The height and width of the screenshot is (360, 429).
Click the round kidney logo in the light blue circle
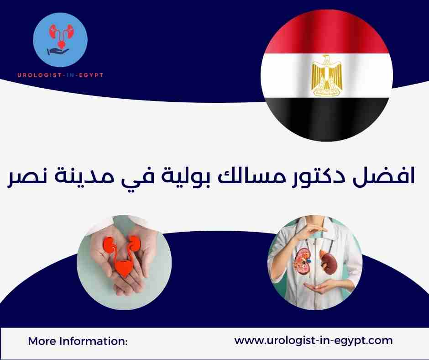click(x=61, y=41)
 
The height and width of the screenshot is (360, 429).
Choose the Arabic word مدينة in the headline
click(x=78, y=178)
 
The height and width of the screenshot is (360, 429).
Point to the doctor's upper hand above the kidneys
click(x=315, y=228)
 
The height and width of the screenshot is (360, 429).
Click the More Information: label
click(x=78, y=341)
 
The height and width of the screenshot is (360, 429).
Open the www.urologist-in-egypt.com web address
click(x=313, y=340)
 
